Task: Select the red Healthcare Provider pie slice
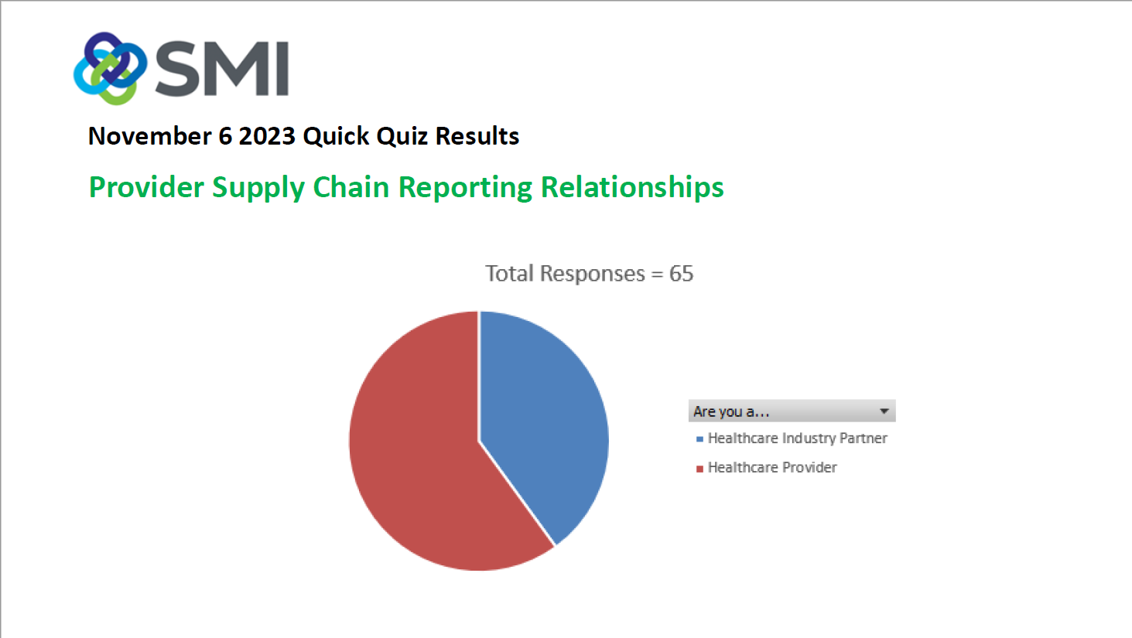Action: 425,455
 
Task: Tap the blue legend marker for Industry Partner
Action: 699,439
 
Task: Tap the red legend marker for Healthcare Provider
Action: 699,469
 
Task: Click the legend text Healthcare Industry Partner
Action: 798,438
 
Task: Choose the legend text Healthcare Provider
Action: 772,468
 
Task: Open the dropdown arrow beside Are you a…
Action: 884,411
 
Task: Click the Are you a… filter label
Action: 731,411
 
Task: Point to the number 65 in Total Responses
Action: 681,273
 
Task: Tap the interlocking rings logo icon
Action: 110,68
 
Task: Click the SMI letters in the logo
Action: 222,68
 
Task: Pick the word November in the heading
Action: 149,136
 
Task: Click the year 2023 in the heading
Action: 267,136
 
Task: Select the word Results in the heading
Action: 477,136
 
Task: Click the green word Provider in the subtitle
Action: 146,187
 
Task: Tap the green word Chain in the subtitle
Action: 351,187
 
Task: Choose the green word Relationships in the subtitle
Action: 632,188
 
